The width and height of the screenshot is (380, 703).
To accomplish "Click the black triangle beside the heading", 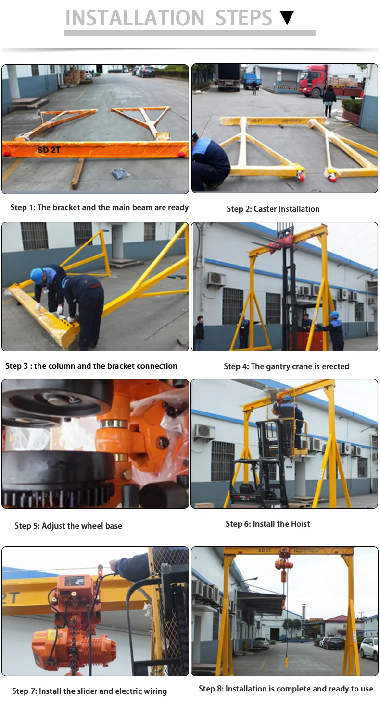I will click(x=287, y=18).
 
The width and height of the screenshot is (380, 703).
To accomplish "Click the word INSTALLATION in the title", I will click(x=135, y=18).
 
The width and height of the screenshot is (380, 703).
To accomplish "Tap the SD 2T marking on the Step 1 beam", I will click(x=50, y=150).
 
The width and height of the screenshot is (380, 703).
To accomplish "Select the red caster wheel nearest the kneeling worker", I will click(x=300, y=176).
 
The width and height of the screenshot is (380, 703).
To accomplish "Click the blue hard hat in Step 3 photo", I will click(x=37, y=275).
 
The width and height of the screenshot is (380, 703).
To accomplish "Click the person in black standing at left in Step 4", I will click(x=199, y=332).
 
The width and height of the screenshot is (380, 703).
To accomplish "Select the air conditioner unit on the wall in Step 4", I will click(x=216, y=279).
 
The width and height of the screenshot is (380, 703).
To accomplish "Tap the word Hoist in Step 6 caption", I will click(x=298, y=524).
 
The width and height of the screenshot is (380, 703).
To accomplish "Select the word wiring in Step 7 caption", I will click(x=154, y=691).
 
